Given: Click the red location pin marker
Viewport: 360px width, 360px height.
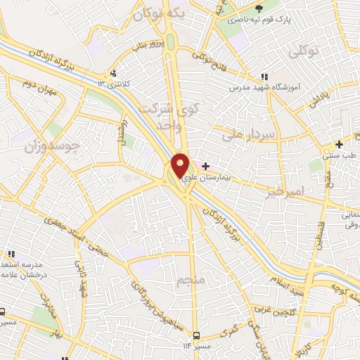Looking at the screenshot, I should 180,165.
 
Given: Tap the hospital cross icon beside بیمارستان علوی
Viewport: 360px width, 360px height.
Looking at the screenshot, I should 205,167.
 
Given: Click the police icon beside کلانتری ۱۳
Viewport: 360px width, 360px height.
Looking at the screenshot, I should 112,73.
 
